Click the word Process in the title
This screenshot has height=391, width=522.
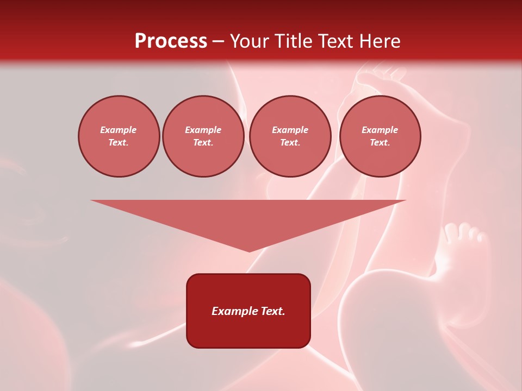pyautogui.click(x=171, y=41)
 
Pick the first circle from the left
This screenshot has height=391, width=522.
pyautogui.click(x=119, y=136)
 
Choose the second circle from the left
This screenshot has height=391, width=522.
pyautogui.click(x=203, y=136)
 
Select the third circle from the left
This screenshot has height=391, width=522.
pyautogui.click(x=290, y=136)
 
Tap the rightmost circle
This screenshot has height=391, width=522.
pyautogui.click(x=380, y=136)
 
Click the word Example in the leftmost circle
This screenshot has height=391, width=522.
pyautogui.click(x=119, y=130)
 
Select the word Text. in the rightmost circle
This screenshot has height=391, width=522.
pyautogui.click(x=380, y=143)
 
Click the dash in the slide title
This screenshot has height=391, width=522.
pyautogui.click(x=218, y=41)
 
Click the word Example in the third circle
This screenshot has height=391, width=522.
pyautogui.click(x=290, y=130)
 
